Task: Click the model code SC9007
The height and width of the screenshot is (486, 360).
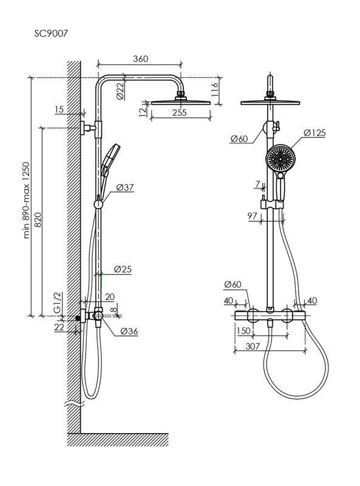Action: pos(50,33)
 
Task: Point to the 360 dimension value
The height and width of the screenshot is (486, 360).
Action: pos(141,58)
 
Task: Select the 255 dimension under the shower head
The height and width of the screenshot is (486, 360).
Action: pos(180,112)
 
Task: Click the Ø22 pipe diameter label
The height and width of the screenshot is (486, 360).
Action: pos(120,90)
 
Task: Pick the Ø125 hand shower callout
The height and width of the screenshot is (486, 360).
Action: pos(314,133)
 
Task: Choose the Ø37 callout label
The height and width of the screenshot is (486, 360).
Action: pos(125,187)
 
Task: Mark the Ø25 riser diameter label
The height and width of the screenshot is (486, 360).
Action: pos(123,269)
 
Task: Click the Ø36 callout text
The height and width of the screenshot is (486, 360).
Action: pos(129,331)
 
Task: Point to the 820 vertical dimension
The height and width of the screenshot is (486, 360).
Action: pos(38,220)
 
